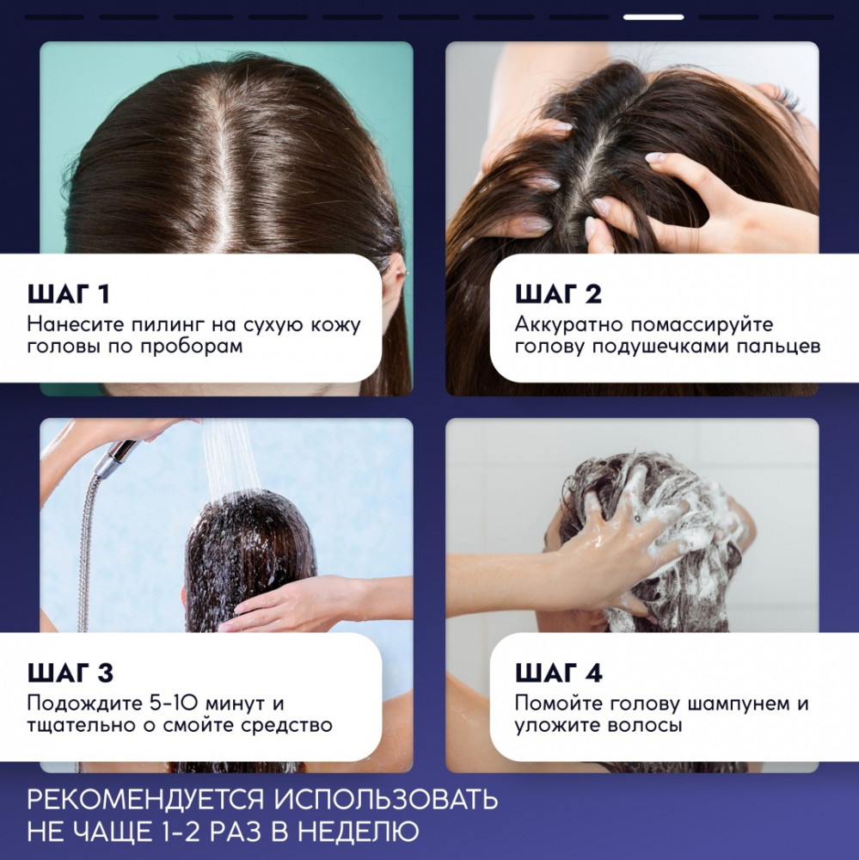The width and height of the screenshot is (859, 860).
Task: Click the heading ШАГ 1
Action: coord(69,294)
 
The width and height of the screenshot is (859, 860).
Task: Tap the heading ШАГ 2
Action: coord(558,294)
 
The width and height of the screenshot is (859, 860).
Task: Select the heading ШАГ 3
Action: coord(71,673)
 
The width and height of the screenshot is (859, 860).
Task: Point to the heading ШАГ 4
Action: coord(558,673)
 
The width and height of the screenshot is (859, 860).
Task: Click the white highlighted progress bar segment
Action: coord(653,17)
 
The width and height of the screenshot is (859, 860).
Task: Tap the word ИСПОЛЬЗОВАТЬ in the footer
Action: coord(386,800)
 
